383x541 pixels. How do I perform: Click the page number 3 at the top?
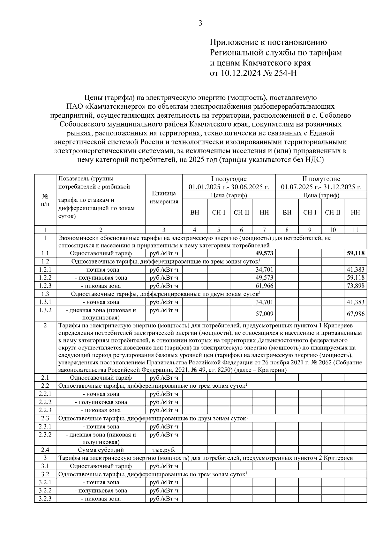[200, 23]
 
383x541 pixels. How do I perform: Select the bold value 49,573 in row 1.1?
[265, 253]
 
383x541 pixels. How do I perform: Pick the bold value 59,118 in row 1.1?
[356, 253]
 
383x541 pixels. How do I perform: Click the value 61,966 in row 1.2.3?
[265, 286]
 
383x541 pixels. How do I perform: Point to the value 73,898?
[356, 286]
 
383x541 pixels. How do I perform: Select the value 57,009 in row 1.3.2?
[265, 314]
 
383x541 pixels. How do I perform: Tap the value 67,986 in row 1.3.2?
[356, 314]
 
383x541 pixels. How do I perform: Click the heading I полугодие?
[229, 179]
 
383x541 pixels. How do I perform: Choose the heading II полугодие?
[321, 179]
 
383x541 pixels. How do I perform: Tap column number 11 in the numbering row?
[355, 230]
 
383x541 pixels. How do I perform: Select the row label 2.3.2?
[45, 435]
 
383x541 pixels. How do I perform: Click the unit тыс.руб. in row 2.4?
[164, 450]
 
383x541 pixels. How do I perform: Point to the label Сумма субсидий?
[101, 450]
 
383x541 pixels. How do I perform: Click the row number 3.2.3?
[45, 499]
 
